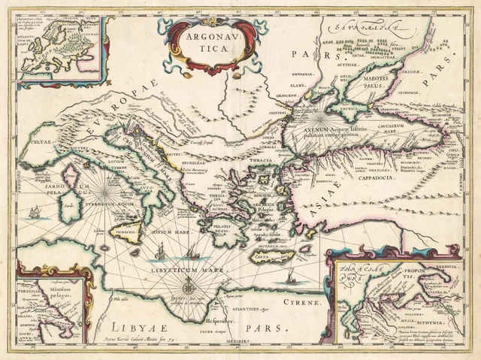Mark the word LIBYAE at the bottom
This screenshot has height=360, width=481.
coord(134,325)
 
